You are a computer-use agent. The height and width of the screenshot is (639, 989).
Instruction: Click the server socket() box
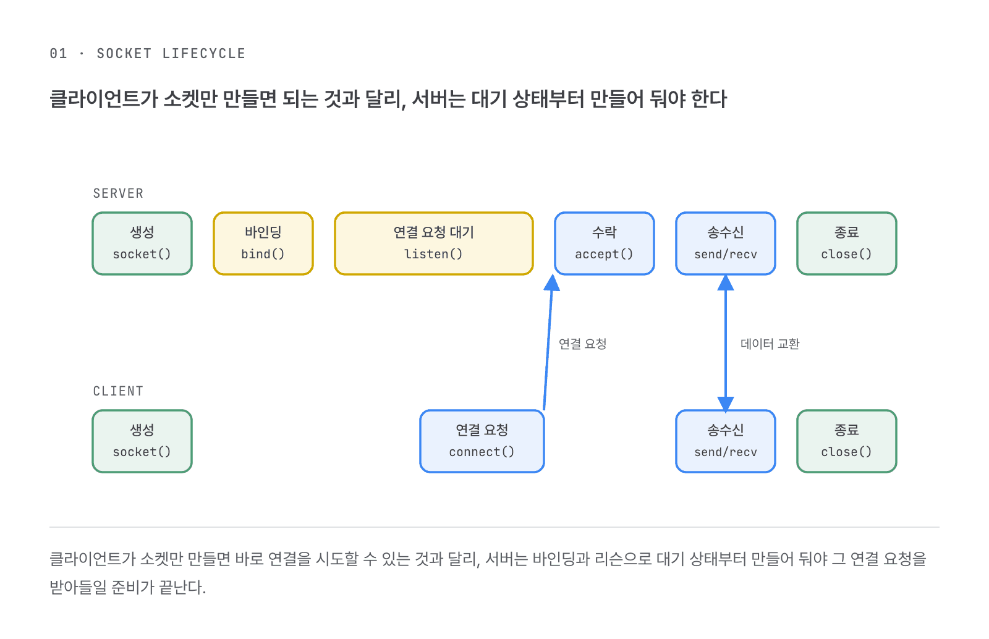142,243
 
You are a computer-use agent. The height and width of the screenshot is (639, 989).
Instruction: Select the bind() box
263,243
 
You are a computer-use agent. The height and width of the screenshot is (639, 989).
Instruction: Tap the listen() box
433,243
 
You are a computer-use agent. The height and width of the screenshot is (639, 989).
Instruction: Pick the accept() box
604,243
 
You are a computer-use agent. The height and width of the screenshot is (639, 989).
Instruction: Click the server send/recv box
726,243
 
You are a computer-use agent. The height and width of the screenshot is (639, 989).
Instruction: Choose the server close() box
846,243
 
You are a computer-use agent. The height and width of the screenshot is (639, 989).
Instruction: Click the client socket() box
142,441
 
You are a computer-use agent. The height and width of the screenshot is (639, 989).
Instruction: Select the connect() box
482,441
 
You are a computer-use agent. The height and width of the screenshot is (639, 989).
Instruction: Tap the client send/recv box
726,441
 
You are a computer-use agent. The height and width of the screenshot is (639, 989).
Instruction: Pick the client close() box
846,441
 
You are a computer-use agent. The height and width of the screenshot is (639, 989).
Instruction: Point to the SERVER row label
118,193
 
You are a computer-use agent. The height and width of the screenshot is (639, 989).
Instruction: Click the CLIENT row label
118,391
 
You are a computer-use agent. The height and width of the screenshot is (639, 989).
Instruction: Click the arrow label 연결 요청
582,344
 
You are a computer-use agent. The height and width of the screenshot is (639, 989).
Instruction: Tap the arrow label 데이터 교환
770,344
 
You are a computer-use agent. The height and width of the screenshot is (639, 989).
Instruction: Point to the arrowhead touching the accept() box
552,283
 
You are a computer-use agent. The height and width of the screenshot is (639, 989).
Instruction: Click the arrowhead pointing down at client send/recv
726,404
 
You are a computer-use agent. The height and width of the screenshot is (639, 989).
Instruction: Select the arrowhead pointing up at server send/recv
726,282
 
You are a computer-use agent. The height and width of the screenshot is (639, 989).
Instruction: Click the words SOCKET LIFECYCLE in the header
171,53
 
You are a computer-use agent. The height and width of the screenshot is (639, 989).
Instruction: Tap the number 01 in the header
58,53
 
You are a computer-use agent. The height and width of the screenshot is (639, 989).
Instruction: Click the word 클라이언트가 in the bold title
103,99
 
